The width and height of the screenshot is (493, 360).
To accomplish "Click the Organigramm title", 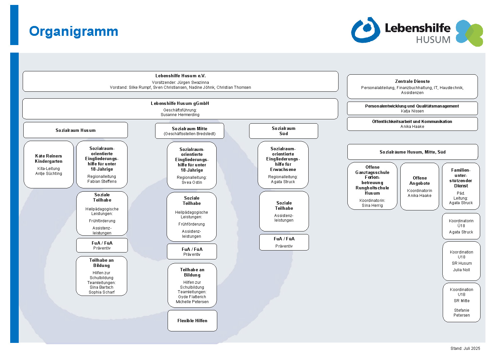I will coord(74,32).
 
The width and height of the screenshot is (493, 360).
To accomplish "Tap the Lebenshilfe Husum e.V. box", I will coord(180,81).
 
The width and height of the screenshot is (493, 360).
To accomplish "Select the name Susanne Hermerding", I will coord(180,115).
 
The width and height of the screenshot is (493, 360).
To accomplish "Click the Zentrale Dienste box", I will coord(412,86).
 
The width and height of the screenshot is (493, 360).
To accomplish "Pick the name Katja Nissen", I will coord(412,111).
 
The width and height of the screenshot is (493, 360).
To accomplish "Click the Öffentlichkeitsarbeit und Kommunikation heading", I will coord(412,122).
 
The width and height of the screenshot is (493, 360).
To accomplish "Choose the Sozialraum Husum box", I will coord(76,130).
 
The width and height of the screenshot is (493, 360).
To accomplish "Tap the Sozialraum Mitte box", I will coord(190,131).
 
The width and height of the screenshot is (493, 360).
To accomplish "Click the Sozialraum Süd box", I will coord(283,131).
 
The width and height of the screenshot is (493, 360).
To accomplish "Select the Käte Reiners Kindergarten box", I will coord(49,164).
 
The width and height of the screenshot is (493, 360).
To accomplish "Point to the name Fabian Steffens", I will coord(102,181).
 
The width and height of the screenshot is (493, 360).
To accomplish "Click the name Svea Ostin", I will coord(192,182).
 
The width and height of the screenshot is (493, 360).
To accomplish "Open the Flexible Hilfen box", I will coord(192,321).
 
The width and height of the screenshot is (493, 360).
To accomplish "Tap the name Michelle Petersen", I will coord(192,302).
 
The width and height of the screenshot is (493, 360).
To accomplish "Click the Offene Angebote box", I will coord(420,186).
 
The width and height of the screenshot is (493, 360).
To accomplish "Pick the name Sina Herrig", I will coord(372,205).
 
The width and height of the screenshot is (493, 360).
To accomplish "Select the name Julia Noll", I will coord(461,270).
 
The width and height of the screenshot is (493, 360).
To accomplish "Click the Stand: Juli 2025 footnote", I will coord(465,348).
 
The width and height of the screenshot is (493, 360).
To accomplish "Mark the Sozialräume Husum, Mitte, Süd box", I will coord(412,152).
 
